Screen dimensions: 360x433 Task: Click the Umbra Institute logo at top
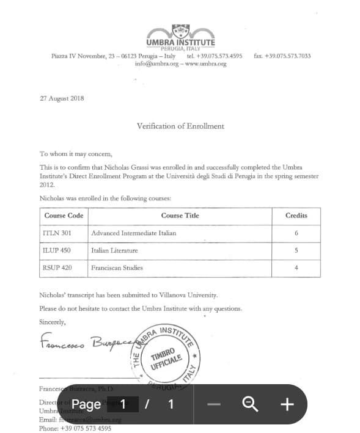click(x=180, y=37)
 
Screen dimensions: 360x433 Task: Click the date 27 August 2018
click(x=62, y=98)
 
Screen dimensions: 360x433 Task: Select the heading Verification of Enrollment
click(x=180, y=126)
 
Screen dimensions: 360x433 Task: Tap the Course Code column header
click(x=64, y=216)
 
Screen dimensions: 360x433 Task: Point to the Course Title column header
click(x=180, y=216)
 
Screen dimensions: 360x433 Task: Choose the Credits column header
click(x=296, y=216)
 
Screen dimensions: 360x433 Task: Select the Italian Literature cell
click(x=114, y=250)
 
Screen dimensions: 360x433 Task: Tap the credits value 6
click(x=296, y=233)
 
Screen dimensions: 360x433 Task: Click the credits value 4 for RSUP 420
click(x=296, y=267)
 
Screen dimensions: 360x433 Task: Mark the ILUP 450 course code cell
click(x=57, y=250)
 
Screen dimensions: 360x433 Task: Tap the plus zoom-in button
click(x=287, y=404)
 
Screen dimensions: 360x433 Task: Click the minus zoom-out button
click(x=213, y=404)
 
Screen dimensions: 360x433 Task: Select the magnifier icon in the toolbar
click(x=249, y=404)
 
